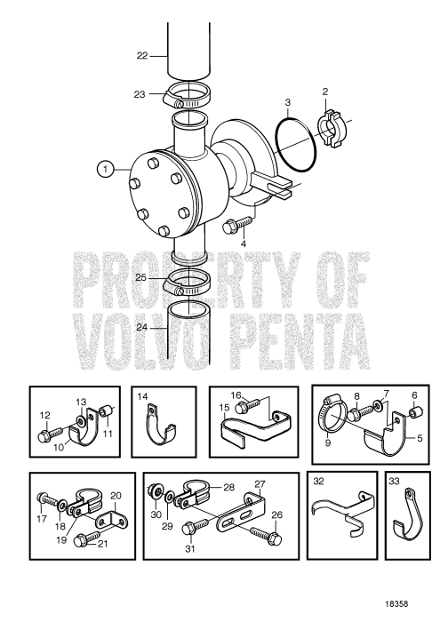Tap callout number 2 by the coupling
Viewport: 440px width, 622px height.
click(325, 92)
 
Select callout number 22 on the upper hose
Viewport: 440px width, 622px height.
click(142, 55)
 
